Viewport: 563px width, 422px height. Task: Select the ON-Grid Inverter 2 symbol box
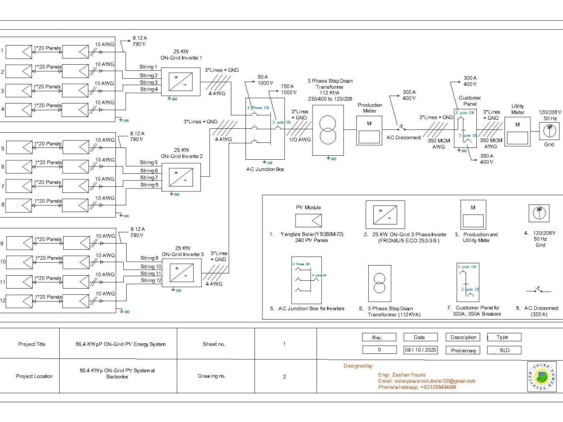coord(181,177)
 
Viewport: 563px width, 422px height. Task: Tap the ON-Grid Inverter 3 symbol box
coord(181,272)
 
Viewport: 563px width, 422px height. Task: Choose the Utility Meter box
coord(517,132)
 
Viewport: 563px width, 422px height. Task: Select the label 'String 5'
coord(149,163)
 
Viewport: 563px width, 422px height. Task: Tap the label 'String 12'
coord(151,280)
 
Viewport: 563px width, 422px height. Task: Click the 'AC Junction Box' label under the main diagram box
coord(265,169)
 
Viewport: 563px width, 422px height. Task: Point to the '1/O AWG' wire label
coord(298,140)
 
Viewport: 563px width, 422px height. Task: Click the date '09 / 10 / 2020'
coord(420,350)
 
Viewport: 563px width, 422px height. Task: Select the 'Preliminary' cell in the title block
coord(463,350)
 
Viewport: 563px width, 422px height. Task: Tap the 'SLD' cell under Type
coord(504,350)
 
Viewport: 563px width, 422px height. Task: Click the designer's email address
coord(426,381)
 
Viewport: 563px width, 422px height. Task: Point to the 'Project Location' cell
coord(35,376)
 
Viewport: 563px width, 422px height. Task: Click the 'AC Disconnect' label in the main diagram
coord(403,137)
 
